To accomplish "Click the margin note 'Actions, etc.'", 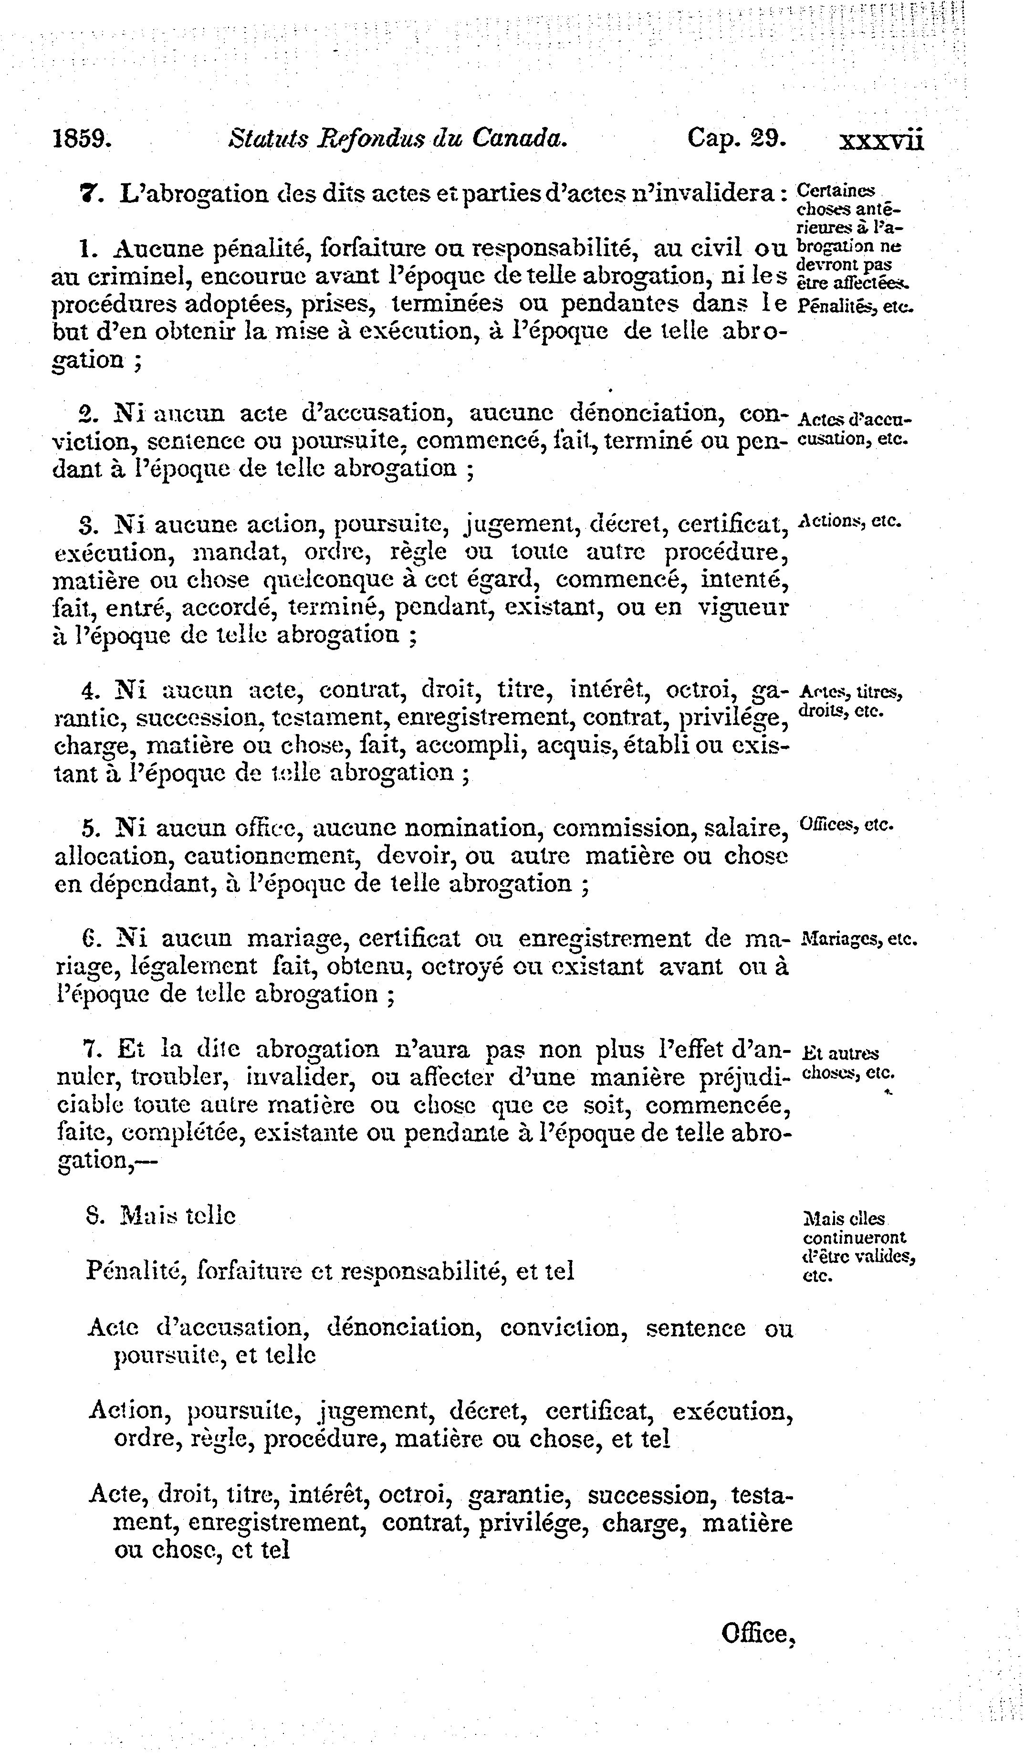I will [850, 520].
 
